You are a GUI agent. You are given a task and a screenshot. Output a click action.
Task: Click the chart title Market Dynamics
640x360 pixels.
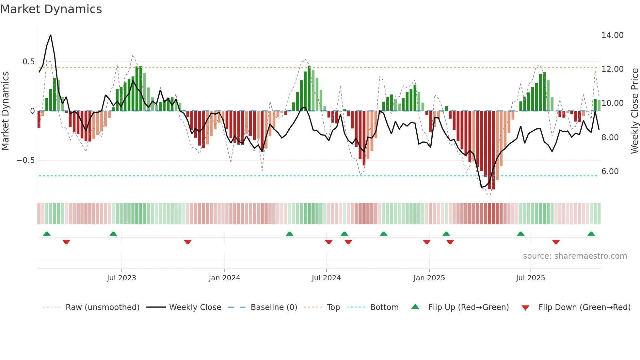51,9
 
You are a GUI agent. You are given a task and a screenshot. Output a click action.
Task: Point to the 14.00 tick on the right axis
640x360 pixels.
612,35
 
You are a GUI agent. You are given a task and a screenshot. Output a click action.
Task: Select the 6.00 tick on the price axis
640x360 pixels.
610,172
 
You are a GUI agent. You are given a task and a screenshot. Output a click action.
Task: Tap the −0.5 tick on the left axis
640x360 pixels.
25,160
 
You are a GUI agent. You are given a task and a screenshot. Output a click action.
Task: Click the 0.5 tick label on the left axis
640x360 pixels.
28,62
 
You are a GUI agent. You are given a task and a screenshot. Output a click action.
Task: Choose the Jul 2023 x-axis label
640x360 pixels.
121,278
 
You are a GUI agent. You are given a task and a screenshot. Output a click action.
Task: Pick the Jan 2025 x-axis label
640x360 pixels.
429,278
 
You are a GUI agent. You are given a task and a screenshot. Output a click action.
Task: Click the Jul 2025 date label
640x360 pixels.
530,278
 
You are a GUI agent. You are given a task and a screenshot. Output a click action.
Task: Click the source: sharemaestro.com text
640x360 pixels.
575,256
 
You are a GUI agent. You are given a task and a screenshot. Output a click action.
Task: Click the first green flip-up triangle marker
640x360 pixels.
47,234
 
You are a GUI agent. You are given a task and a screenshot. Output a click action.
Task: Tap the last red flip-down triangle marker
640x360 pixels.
556,242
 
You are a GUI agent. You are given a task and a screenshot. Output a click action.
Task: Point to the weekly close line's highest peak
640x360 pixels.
51,35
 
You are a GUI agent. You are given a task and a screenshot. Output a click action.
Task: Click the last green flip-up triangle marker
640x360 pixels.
591,234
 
